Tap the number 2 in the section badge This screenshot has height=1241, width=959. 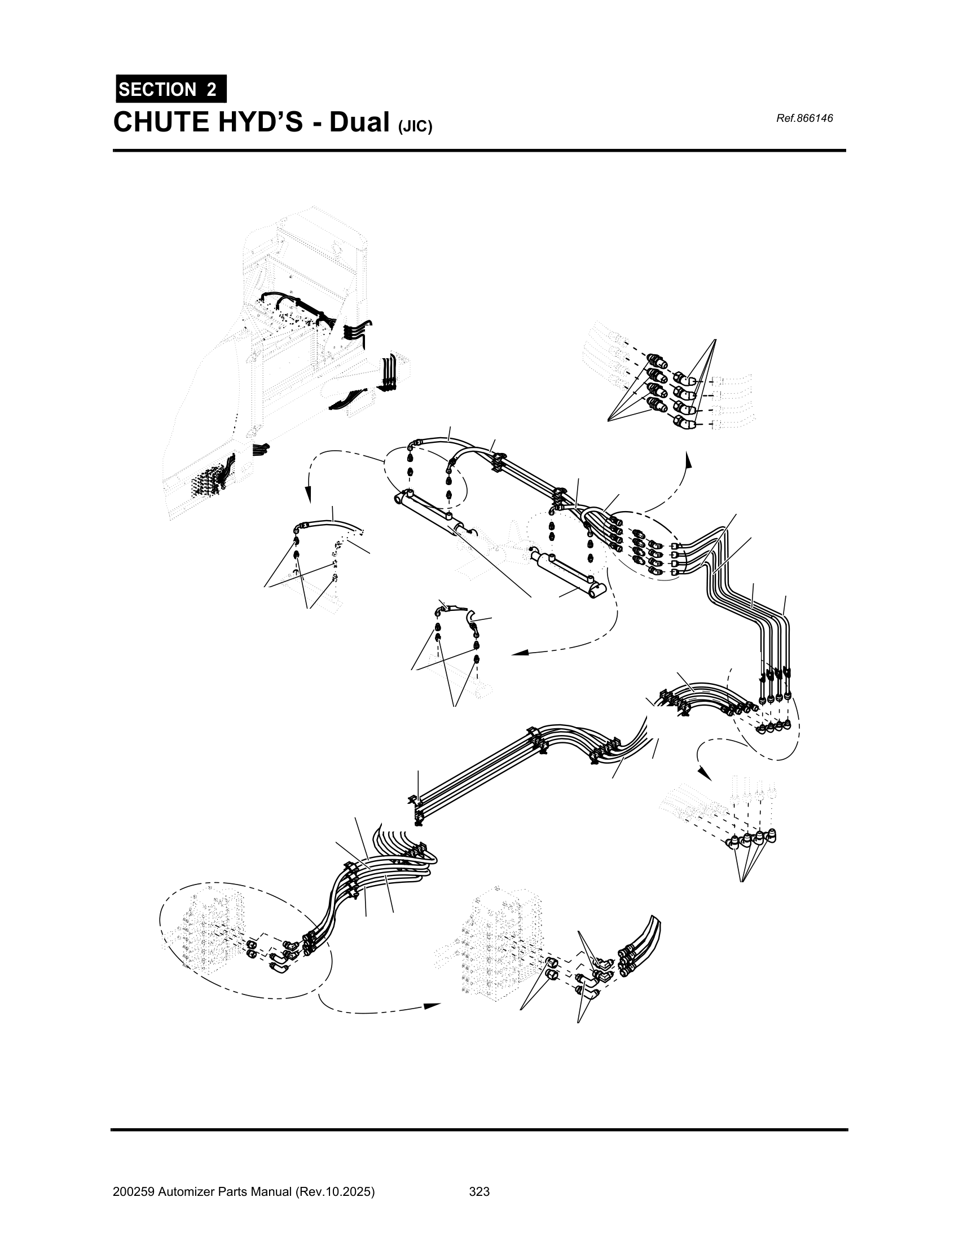pyautogui.click(x=212, y=90)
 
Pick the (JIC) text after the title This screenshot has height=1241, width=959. pyautogui.click(x=415, y=126)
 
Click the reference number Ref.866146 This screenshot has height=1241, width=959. pyautogui.click(x=804, y=118)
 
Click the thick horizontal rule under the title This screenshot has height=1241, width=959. pyautogui.click(x=479, y=151)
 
